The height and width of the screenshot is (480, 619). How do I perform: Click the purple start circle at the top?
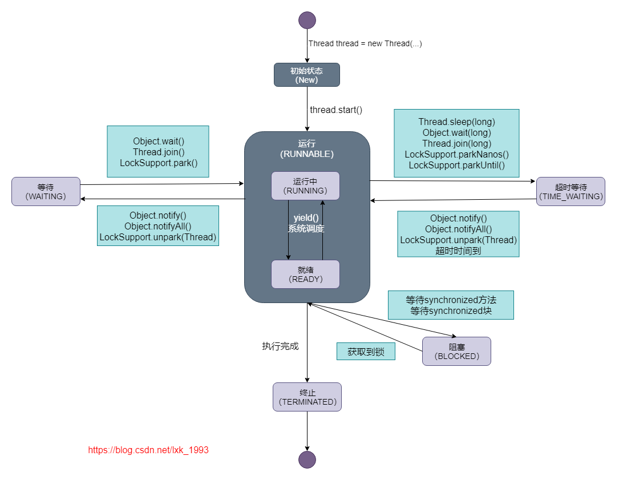pyautogui.click(x=307, y=20)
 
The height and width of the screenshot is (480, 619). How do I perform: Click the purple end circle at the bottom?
pyautogui.click(x=307, y=459)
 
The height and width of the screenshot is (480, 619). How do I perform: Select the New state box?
pyautogui.click(x=307, y=75)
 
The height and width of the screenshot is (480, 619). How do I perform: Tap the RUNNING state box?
pyautogui.click(x=305, y=185)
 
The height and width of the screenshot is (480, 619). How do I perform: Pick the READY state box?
pyautogui.click(x=305, y=275)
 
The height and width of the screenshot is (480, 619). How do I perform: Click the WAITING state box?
pyautogui.click(x=46, y=191)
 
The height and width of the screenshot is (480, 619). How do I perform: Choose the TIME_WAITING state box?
pyautogui.click(x=571, y=191)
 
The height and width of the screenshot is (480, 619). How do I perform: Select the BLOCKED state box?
pyautogui.click(x=456, y=351)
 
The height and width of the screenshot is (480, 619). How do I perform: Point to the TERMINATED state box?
pyautogui.click(x=307, y=397)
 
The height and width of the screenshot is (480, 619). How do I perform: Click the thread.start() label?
pyautogui.click(x=336, y=110)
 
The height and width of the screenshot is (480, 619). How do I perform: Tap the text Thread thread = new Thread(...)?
pyautogui.click(x=365, y=43)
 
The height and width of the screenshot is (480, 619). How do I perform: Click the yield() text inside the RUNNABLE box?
pyautogui.click(x=306, y=218)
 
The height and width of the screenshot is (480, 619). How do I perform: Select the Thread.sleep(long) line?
pyautogui.click(x=456, y=122)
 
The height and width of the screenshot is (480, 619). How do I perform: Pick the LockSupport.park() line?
pyautogui.click(x=158, y=163)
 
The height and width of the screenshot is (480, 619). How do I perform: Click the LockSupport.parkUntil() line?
pyautogui.click(x=456, y=165)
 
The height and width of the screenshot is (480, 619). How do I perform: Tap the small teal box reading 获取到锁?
pyautogui.click(x=366, y=352)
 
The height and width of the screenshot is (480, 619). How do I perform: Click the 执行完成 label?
pyautogui.click(x=280, y=346)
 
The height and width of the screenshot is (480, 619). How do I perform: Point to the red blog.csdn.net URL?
pyautogui.click(x=148, y=450)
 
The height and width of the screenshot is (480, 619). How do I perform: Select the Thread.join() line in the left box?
pyautogui.click(x=158, y=152)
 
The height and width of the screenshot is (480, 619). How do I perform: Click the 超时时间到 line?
pyautogui.click(x=458, y=251)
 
